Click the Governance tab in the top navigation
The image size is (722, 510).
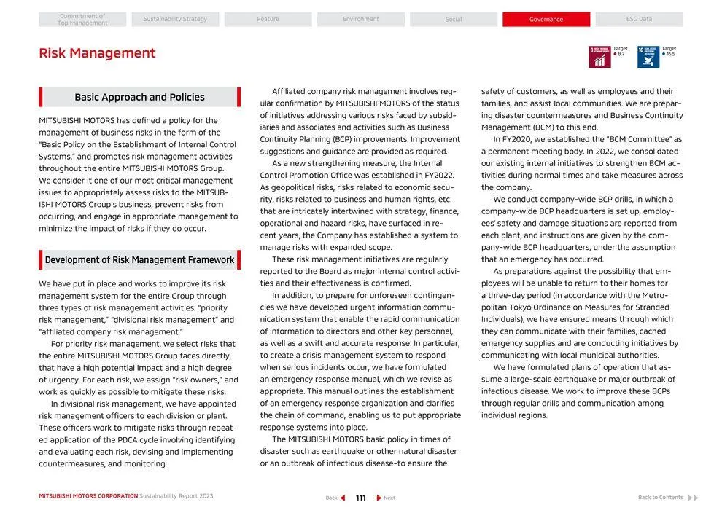coord(546,20)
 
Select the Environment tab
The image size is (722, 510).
coord(361,20)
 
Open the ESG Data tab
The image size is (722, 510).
coord(639,20)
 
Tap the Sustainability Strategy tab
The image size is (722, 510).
coord(175,20)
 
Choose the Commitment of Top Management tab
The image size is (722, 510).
coord(82,20)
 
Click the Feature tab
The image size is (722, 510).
coord(268,20)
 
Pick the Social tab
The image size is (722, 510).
coord(454,20)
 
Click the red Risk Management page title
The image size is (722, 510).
coord(97,53)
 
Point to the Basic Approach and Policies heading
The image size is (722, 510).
coord(139,97)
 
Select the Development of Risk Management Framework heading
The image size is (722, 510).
coord(139,260)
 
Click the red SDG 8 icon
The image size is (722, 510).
coord(599,57)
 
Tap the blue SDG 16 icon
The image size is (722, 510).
coord(648,57)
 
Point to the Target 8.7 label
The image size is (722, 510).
coord(620,51)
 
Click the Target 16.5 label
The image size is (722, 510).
coord(669,51)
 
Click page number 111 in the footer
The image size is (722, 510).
coord(360,498)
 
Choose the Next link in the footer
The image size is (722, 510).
coord(387,498)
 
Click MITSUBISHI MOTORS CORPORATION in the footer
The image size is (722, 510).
coord(88,496)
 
